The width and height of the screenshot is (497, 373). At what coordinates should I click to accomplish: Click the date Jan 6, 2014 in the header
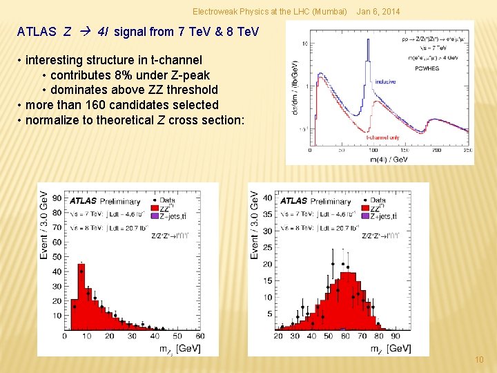[377, 12]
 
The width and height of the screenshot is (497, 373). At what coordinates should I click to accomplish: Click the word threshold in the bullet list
[191, 90]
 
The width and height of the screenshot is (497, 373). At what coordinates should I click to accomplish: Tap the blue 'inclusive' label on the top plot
[385, 82]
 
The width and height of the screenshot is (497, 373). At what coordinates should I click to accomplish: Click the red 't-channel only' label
[383, 137]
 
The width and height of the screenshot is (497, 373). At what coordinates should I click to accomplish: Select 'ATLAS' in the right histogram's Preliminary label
[293, 201]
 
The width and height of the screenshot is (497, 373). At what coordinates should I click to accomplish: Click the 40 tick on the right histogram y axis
[266, 198]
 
